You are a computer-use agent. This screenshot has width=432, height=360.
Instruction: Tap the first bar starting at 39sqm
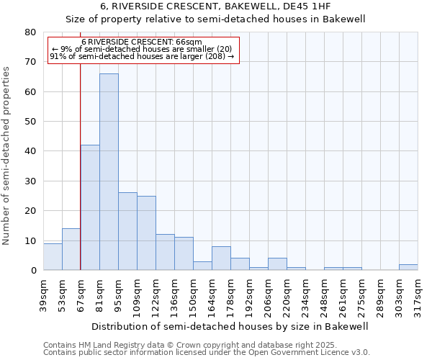(53, 256)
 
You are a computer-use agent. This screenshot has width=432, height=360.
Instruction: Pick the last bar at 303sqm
(408, 267)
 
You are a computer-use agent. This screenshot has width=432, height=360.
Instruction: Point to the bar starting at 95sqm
(127, 231)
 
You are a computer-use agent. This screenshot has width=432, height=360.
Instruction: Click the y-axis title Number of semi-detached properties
(6, 156)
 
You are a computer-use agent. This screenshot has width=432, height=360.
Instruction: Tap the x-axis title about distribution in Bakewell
(230, 326)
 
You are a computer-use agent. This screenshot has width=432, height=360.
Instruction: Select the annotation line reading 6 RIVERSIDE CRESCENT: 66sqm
(142, 42)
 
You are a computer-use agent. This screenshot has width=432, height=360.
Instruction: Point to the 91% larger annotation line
(142, 56)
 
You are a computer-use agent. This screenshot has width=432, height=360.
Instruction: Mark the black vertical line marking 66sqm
(80, 180)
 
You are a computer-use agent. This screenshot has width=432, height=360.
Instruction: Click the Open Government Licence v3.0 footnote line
(206, 353)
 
